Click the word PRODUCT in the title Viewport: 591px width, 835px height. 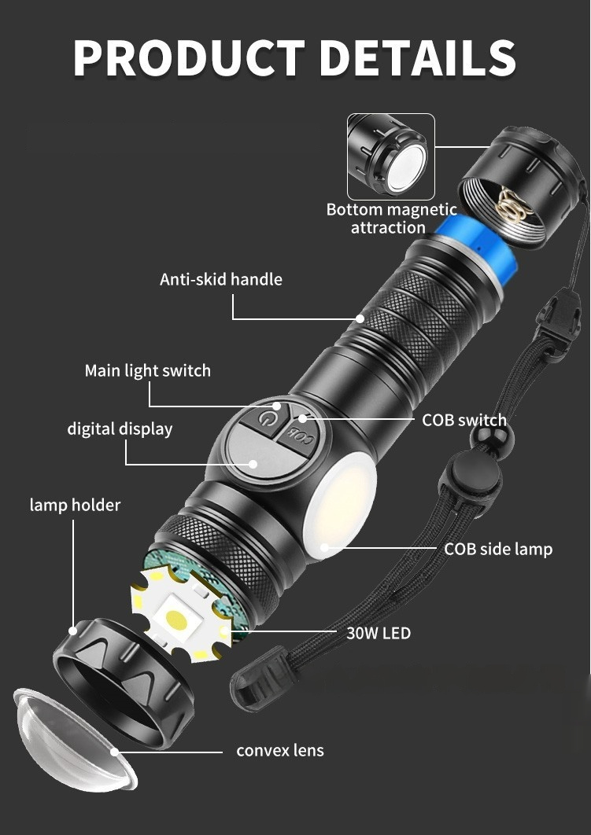(189, 57)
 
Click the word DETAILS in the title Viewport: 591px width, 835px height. (417, 57)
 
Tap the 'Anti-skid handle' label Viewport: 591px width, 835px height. (221, 279)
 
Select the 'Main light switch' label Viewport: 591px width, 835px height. (148, 370)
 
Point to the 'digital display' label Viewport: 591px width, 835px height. (120, 429)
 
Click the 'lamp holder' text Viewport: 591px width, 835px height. (75, 505)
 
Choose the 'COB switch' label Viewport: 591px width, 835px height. (464, 420)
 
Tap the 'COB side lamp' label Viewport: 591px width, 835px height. (498, 549)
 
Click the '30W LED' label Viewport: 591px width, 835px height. (379, 633)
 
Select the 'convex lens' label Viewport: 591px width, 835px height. (280, 750)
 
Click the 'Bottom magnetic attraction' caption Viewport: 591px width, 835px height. (392, 219)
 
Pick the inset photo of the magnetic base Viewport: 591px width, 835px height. (391, 156)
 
